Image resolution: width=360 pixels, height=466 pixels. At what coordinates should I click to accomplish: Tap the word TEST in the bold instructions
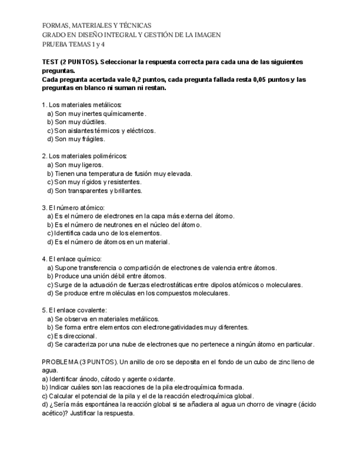tap(51, 62)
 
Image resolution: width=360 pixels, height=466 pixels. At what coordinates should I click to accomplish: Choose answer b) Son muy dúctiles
tap(77, 122)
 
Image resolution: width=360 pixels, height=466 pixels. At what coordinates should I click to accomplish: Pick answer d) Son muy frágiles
tap(76, 139)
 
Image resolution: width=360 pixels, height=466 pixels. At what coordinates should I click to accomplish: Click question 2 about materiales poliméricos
tap(85, 156)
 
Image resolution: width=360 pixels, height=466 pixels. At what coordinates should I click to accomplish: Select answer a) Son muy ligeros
tap(75, 165)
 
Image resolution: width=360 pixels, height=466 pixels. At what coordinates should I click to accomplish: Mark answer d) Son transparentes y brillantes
tap(95, 191)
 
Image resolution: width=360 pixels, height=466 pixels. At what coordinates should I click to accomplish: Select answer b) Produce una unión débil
tap(107, 276)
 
